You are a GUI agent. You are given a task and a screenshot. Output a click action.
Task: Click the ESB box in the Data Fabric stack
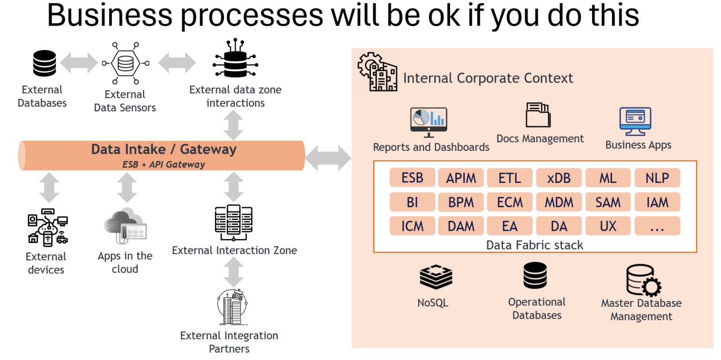coord(412,178)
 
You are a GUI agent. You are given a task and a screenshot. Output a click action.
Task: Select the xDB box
coord(559,178)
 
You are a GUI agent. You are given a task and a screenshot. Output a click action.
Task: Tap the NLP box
coord(657,178)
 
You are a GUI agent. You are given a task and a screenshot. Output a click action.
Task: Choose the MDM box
coord(559,202)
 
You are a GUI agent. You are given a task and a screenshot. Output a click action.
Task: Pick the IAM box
coord(657,202)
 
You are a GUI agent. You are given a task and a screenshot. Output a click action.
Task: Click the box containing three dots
coord(657,226)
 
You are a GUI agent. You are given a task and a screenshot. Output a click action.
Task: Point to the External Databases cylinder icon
coord(45,64)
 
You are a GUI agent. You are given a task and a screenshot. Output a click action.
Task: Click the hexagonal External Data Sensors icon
coord(126,64)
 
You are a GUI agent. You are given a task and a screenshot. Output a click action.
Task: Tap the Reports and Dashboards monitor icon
coord(429,122)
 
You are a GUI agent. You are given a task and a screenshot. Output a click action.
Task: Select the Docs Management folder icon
coord(538,115)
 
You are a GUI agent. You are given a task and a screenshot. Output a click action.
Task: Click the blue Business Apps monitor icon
coord(635,122)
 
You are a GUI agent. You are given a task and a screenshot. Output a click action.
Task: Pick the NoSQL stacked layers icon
coord(436,277)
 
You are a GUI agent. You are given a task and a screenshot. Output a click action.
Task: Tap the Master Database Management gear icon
coord(644,280)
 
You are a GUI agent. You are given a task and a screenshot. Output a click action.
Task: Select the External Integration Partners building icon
coord(233,307)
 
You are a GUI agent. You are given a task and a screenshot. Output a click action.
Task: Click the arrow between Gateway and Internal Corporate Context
coord(328,158)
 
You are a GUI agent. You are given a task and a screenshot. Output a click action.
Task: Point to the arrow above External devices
coord(49,187)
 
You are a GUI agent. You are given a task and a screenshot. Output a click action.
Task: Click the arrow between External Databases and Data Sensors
coord(79,63)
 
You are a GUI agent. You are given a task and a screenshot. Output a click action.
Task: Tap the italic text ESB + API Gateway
coord(164,164)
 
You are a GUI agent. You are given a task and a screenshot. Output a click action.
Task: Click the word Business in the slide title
coord(110,15)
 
